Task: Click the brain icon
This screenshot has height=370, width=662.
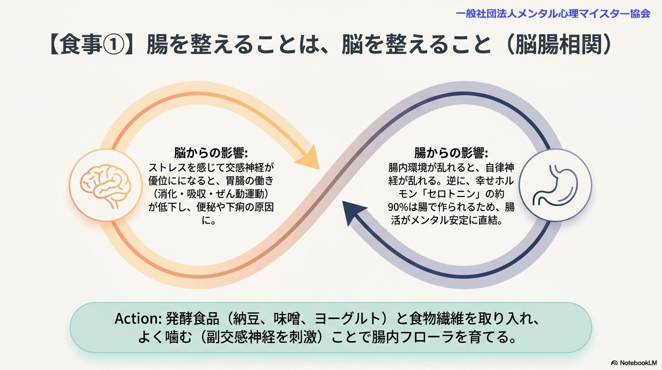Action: click(x=105, y=185)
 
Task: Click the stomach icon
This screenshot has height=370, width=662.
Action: click(x=555, y=185)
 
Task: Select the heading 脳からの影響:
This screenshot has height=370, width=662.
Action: click(x=211, y=153)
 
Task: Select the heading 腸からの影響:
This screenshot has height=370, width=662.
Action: click(x=451, y=153)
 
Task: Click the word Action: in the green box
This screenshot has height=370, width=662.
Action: click(x=138, y=318)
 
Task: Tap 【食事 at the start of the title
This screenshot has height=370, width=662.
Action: click(x=75, y=45)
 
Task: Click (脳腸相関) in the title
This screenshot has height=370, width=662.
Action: click(x=559, y=45)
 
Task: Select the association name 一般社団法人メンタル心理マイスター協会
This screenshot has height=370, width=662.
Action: click(x=553, y=13)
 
